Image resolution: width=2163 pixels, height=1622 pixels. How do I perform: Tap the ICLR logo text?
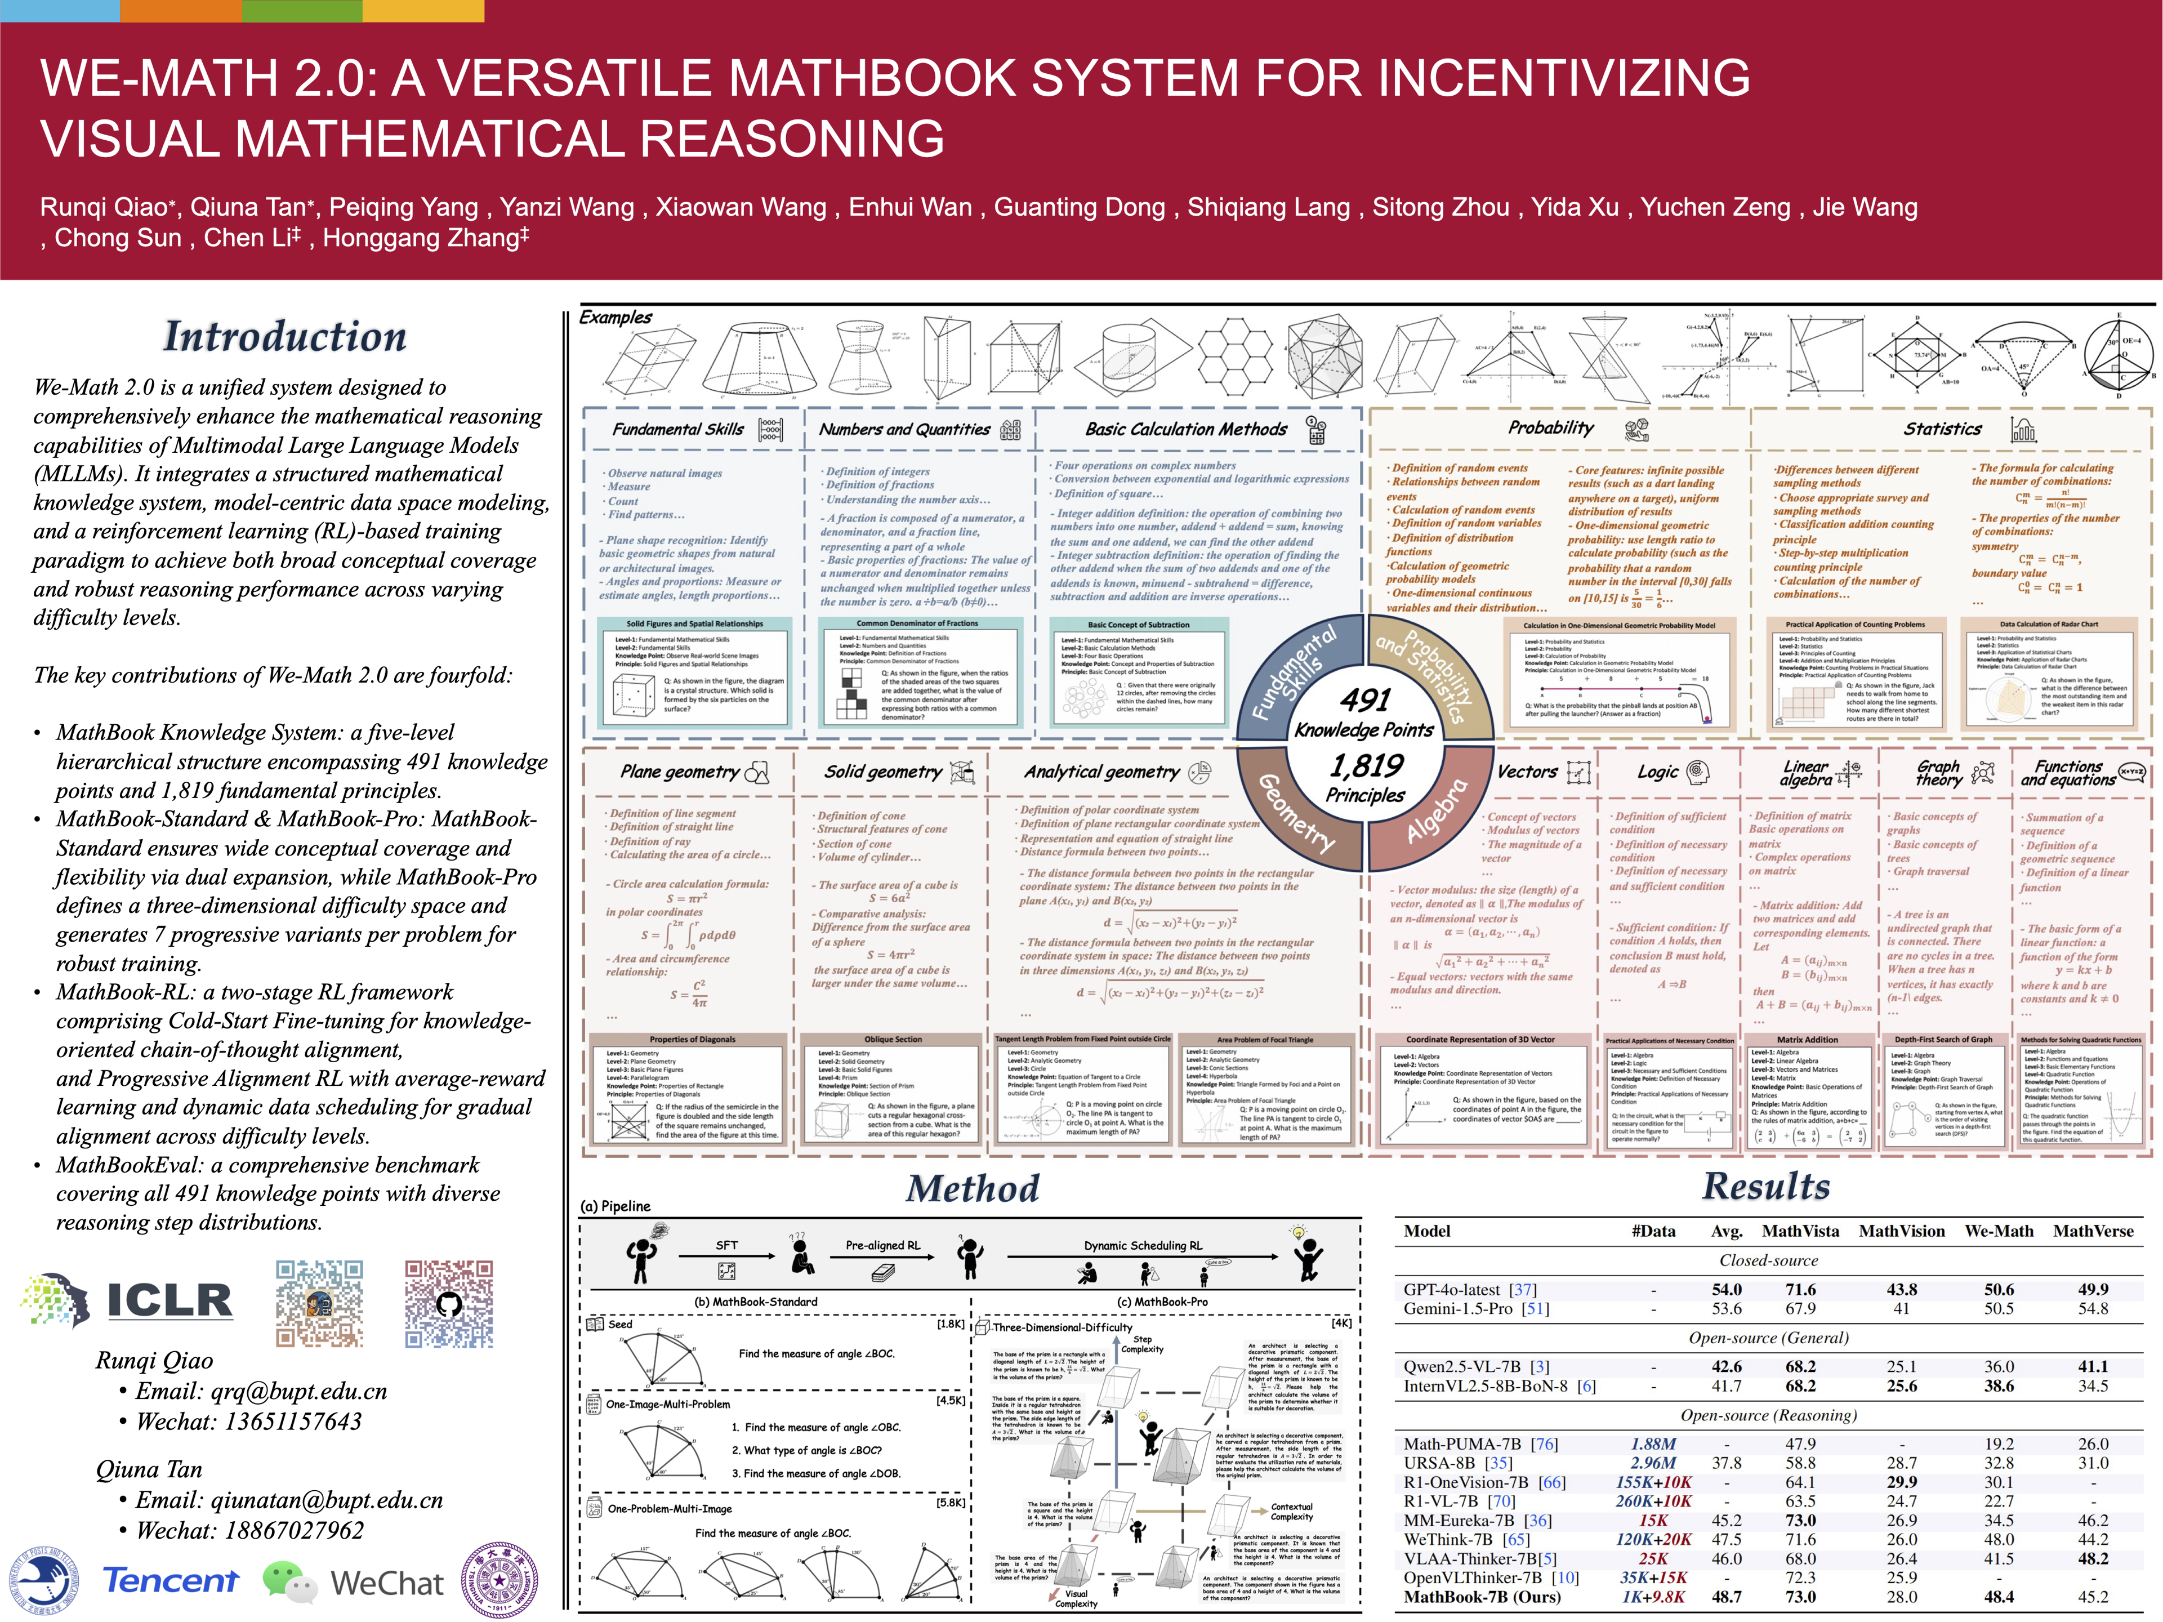(169, 1300)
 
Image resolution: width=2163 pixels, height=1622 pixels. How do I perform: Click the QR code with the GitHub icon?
(449, 1303)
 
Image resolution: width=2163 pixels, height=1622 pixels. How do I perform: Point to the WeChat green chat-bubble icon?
(289, 1581)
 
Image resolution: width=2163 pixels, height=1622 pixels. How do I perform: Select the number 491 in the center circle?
(1365, 700)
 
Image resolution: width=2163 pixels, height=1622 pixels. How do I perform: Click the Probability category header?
(1550, 427)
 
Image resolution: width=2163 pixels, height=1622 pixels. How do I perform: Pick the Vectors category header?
(1527, 772)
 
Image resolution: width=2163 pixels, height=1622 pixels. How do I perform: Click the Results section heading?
(1766, 1186)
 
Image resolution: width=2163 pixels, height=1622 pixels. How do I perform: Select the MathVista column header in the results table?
(1800, 1231)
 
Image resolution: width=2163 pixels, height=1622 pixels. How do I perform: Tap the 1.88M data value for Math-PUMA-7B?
(1653, 1444)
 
